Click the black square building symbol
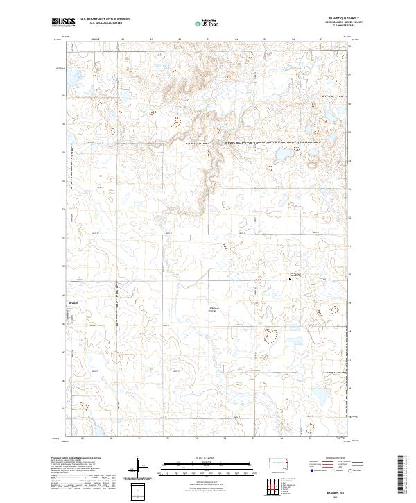click(290, 278)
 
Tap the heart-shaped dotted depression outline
click(270, 336)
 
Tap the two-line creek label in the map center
click(214, 309)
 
